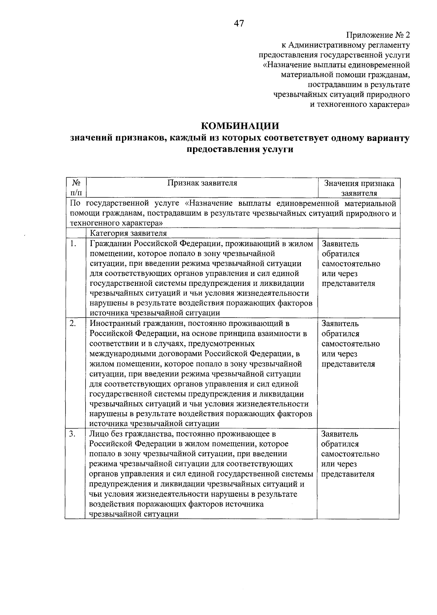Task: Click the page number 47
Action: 239,24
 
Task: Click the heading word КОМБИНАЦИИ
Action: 240,126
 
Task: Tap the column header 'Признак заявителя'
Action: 202,183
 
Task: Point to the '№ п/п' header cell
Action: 76,188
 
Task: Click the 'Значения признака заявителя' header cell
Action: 359,188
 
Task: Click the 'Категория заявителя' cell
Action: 129,233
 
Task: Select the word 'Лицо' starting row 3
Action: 98,434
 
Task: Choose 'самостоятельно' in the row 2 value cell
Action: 350,344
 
